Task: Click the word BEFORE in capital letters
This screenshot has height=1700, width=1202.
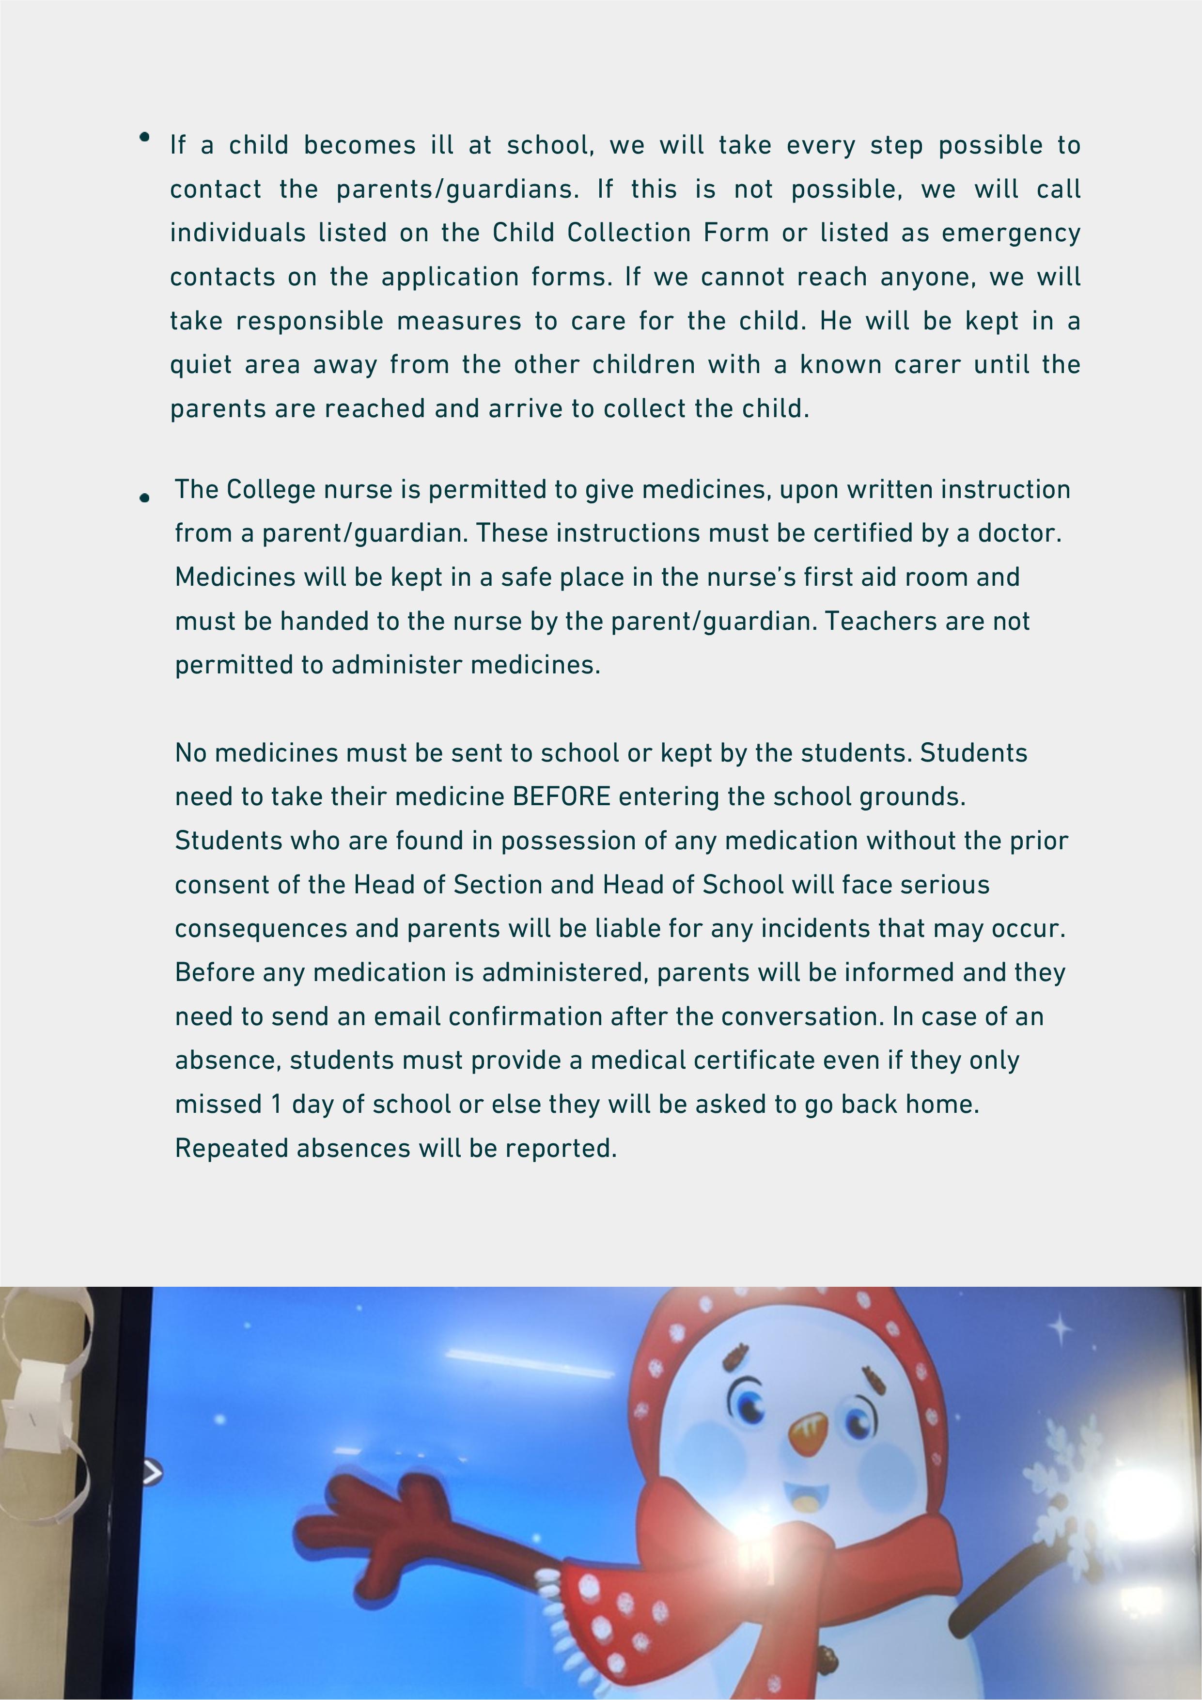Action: [x=562, y=796]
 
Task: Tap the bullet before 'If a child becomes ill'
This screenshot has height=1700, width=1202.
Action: [x=144, y=137]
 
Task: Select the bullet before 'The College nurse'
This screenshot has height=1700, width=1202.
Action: [x=144, y=499]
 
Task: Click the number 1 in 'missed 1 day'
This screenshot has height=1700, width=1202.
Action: [x=276, y=1104]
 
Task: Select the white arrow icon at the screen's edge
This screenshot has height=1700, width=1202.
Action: [x=152, y=1473]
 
